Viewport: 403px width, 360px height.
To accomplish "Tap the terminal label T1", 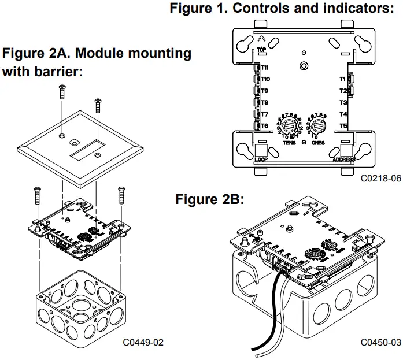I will pos(343,79).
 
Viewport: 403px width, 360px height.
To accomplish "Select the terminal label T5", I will pos(343,125).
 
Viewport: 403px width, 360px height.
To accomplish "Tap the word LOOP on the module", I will pos(261,159).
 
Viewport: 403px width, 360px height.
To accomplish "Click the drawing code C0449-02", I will pos(143,342).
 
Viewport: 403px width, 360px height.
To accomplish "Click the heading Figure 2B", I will pos(209,200).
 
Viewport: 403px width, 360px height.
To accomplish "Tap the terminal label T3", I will pos(343,102).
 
